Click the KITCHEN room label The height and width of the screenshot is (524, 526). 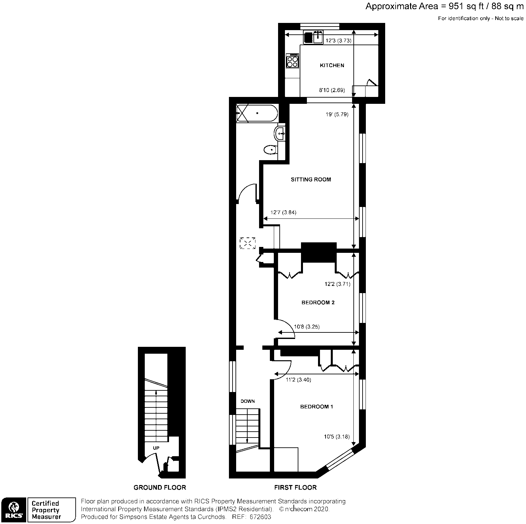pos(332,65)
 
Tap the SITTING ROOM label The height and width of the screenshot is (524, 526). pos(311,179)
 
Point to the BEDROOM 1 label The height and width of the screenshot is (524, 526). pos(316,407)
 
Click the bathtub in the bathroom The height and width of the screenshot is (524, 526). pos(257,113)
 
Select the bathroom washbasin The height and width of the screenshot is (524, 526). pos(280,133)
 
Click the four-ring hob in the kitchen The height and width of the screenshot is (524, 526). pos(292,61)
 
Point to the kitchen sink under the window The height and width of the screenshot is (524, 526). pos(318,37)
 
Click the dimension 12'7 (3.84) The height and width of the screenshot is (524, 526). pos(283,213)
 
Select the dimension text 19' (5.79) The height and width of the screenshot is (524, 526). pos(337,115)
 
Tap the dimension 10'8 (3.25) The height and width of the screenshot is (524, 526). pos(307,327)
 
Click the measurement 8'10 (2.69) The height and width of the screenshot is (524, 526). pos(332,90)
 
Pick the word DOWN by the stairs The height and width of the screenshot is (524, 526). pos(248,401)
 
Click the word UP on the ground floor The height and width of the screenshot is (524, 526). pos(156,448)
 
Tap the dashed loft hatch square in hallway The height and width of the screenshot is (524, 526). pos(248,243)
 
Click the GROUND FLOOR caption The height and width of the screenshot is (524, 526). pos(160,488)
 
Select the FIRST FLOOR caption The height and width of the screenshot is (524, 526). pos(295,488)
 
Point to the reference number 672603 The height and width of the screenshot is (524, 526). pos(260,517)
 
